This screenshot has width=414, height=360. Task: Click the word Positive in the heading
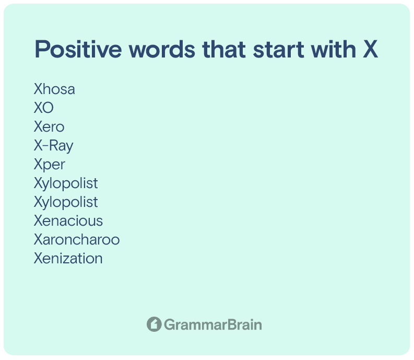78,49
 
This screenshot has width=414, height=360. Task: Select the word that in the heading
224,49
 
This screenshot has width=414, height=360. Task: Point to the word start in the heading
279,50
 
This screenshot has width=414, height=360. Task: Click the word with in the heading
334,49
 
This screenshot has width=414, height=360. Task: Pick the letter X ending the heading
370,49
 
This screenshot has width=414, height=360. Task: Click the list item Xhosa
54,89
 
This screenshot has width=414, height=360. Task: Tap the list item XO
43,108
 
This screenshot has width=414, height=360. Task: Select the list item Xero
49,126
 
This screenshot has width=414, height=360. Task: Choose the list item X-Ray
54,146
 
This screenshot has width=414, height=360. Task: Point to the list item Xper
50,165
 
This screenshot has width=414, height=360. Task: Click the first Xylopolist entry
66,183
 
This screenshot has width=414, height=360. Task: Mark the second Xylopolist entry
66,202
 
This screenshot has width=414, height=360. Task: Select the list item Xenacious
68,220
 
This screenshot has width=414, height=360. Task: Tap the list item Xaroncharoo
77,239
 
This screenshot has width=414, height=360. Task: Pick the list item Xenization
68,258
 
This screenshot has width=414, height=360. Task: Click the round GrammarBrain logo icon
154,324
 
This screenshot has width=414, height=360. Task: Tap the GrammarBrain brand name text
213,324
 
